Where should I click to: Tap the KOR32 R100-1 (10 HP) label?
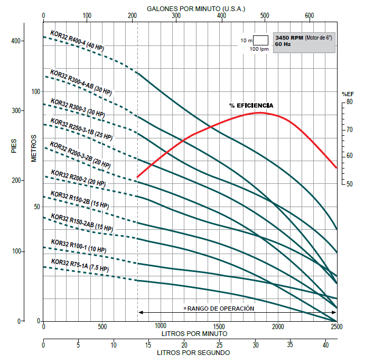[79, 246]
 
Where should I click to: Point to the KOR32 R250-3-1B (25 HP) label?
[81, 129]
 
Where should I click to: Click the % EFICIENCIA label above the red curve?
[251, 106]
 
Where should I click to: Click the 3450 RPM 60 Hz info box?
[304, 41]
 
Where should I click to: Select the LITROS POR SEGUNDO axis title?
[193, 352]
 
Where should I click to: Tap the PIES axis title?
[14, 144]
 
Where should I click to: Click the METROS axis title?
[34, 148]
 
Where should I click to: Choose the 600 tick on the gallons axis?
[310, 15]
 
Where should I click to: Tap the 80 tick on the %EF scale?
[349, 101]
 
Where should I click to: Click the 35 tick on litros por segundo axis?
[290, 345]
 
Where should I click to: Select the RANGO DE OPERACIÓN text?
[219, 308]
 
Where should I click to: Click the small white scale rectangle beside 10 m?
[261, 40]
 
